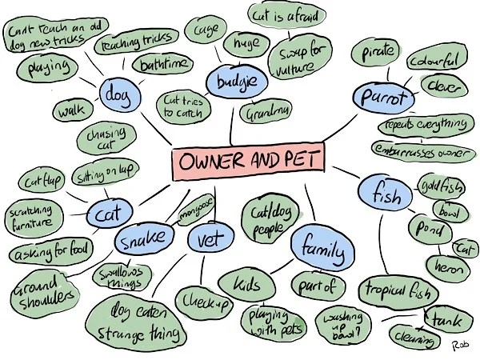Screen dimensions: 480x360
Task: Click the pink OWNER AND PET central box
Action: pyautogui.click(x=248, y=162)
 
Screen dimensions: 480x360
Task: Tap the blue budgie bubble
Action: pyautogui.click(x=231, y=82)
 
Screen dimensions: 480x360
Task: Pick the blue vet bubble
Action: pyautogui.click(x=211, y=238)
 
